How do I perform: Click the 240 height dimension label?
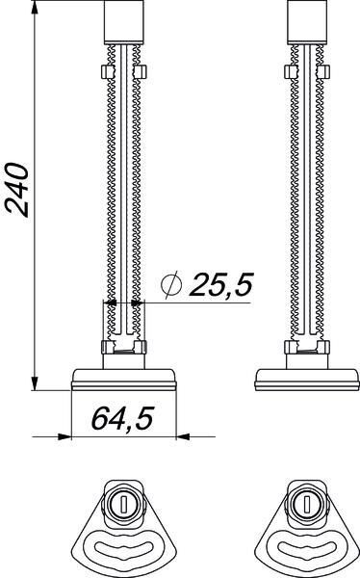tap(16, 190)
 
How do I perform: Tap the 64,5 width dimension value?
tap(122, 419)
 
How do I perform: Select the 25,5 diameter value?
tap(221, 285)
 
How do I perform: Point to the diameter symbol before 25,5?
tap(171, 284)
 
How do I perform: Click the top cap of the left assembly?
tap(124, 22)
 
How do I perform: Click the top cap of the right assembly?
tap(307, 22)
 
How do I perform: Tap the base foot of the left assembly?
tap(124, 380)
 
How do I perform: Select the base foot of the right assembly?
tap(307, 380)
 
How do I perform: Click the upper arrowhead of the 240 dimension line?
tap(35, 8)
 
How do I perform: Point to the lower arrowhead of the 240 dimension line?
tap(35, 383)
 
